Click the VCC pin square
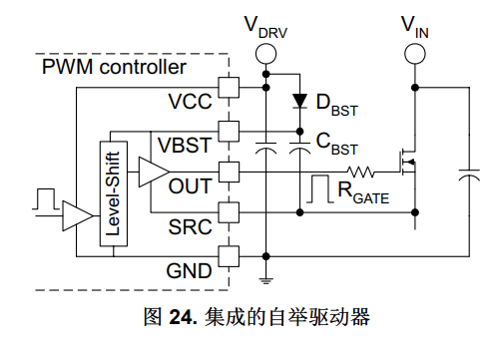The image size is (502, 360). [x=229, y=88]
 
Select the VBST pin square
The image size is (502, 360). [x=229, y=132]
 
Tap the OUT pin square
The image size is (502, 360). [x=229, y=172]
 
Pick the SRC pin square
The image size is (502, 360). [x=229, y=212]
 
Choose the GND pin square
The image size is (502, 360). [x=229, y=256]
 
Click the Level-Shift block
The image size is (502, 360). [x=114, y=193]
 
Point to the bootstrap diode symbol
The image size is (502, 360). [x=299, y=101]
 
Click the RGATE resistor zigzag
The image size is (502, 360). [x=360, y=172]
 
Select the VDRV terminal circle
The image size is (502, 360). [x=265, y=54]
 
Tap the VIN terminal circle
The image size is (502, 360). [x=415, y=54]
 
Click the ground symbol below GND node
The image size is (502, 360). [x=265, y=281]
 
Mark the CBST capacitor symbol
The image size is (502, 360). [x=299, y=149]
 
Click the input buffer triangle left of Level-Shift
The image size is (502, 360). [x=78, y=215]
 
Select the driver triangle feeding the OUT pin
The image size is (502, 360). [x=154, y=172]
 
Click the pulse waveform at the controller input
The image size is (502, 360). [x=46, y=199]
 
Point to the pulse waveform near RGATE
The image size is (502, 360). [x=320, y=188]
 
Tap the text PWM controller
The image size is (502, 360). [x=114, y=67]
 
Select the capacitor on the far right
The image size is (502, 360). [x=469, y=176]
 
